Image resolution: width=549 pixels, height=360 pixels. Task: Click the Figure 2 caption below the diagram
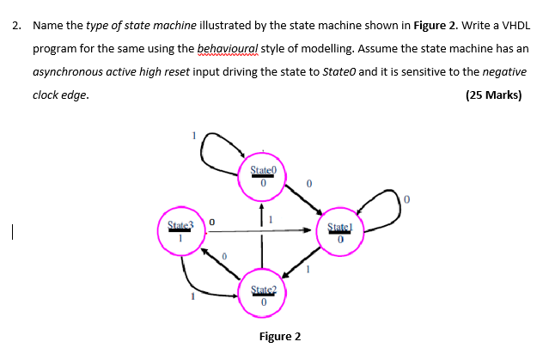click(280, 336)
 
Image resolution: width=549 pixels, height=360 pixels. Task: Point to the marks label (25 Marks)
click(493, 95)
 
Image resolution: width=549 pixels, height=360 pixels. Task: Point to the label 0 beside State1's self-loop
click(408, 200)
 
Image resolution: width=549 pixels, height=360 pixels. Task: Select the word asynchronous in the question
click(68, 72)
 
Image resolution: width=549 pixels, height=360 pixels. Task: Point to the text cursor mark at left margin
click(8, 230)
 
